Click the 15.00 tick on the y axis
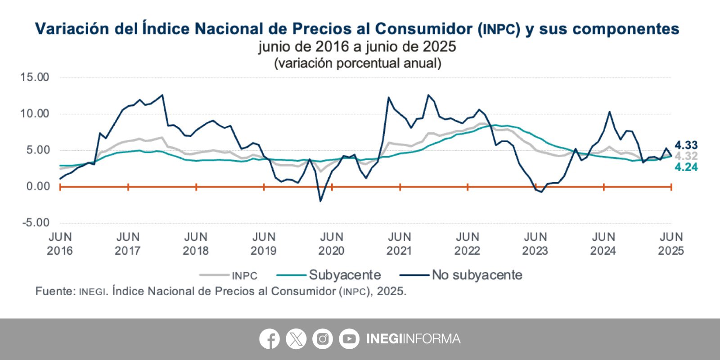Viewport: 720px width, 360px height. click(35, 77)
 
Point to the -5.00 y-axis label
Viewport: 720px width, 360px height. click(36, 223)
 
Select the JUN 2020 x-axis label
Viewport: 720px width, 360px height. click(332, 243)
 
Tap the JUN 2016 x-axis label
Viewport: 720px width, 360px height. click(60, 243)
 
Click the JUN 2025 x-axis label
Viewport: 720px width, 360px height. click(671, 243)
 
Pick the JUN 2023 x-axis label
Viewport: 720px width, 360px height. click(535, 243)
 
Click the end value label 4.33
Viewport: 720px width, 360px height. click(686, 145)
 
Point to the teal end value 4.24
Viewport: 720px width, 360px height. click(686, 167)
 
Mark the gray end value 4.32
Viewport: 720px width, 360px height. click(686, 156)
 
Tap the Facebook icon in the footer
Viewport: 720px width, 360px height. click(270, 339)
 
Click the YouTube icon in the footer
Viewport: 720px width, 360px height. click(349, 339)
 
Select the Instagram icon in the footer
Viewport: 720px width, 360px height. click(323, 339)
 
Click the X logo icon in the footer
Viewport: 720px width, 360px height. click(296, 339)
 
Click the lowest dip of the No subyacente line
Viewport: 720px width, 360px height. click(320, 201)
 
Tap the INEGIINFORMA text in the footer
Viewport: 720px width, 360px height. click(413, 339)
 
